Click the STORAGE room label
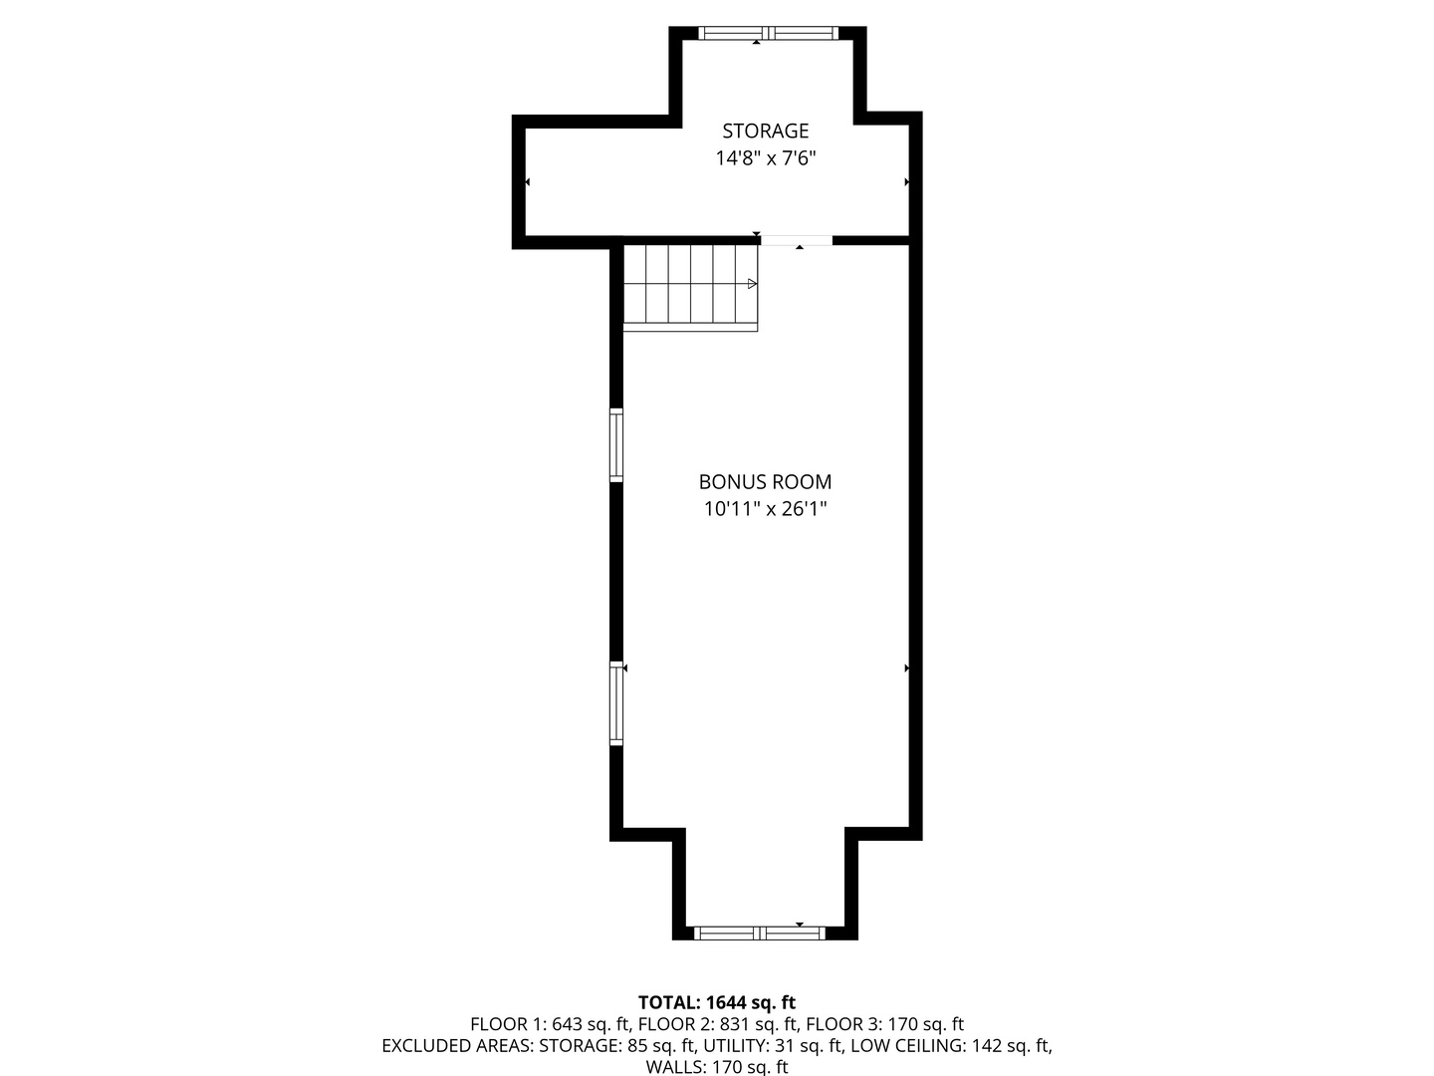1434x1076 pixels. [765, 131]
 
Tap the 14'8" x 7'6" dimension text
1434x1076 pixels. [765, 158]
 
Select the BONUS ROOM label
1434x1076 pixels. [765, 482]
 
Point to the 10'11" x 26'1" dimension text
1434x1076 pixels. [765, 509]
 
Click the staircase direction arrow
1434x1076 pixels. [752, 284]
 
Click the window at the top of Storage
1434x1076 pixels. [767, 33]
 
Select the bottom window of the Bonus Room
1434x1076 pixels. [759, 934]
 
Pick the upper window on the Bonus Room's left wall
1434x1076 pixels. [616, 445]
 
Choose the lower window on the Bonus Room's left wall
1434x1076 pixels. [616, 703]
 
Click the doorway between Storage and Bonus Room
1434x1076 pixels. [797, 240]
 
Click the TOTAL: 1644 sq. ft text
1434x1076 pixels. [717, 1002]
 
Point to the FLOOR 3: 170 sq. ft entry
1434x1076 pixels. [884, 1024]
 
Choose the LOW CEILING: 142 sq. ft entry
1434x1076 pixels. [951, 1046]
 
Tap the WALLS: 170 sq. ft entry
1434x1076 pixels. [717, 1068]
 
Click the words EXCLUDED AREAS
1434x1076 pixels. [457, 1046]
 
